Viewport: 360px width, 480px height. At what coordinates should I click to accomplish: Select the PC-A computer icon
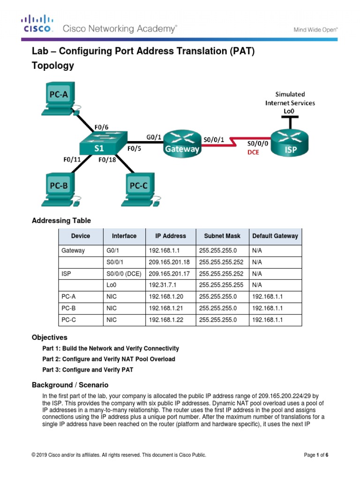click(59, 99)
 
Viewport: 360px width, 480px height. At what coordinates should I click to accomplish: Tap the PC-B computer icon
click(60, 189)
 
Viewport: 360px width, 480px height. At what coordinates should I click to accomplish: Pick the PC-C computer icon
click(139, 189)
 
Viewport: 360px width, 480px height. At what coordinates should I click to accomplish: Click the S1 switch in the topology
click(99, 143)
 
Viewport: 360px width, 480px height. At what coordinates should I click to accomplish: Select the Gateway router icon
click(181, 143)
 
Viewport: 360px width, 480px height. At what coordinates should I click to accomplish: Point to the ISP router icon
click(290, 143)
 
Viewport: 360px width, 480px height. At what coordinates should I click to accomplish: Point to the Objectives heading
click(49, 337)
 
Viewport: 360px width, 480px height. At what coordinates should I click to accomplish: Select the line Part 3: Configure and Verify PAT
click(88, 370)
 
